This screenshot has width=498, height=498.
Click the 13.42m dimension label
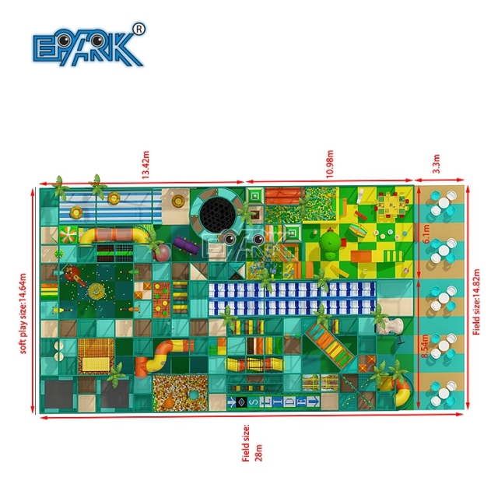146,164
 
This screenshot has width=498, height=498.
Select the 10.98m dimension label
330,164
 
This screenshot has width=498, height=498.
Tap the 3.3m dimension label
437,164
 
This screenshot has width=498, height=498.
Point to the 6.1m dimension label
426,233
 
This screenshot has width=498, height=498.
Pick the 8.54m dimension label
425,346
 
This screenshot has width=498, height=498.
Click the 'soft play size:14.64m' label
23,314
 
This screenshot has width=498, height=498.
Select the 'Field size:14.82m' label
476,302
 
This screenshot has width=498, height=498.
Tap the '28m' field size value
259,453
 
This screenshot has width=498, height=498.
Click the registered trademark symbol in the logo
139,30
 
